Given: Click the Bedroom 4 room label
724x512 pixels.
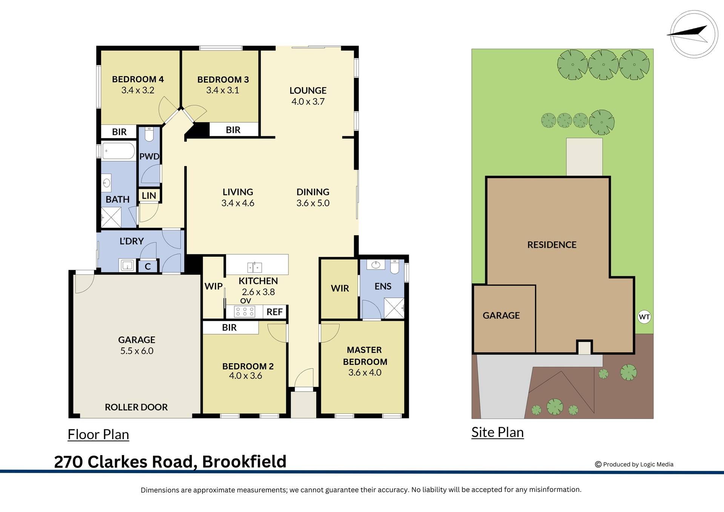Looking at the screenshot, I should tap(138, 79).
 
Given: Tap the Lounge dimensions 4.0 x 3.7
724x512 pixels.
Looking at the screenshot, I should tap(308, 101).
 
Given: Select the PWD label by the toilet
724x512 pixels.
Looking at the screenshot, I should tap(149, 156).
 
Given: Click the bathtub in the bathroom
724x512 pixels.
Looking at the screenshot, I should tap(118, 151).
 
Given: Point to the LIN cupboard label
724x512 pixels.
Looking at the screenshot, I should tap(149, 195).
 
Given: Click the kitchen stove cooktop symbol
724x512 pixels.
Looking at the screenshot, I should tap(245, 312).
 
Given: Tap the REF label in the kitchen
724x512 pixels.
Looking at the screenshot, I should tap(275, 312).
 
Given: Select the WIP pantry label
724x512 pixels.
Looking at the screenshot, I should tap(213, 286).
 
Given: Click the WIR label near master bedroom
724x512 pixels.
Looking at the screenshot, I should tap(340, 288).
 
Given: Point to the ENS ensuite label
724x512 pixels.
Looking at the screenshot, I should tap(383, 286).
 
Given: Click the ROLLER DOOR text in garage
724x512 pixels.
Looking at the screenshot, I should tap(136, 407).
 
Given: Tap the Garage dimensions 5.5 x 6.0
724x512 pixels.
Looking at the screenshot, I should tap(137, 351).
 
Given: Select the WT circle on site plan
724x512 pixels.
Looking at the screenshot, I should tap(644, 317).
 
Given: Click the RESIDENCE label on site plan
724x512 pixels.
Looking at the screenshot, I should tap(552, 245).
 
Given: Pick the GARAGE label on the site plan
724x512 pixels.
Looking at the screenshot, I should tap(501, 315).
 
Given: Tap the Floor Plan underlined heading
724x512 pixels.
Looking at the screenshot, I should tap(98, 435).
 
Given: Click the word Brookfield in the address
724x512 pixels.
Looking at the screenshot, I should tap(244, 462).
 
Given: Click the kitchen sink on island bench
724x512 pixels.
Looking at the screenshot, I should tap(255, 268).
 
